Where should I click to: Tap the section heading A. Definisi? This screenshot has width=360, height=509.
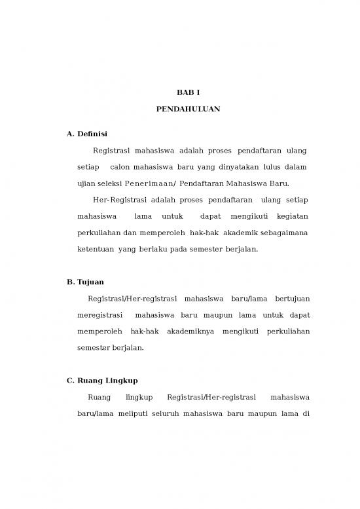[87, 134]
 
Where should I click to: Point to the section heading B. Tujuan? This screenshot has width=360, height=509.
[85, 282]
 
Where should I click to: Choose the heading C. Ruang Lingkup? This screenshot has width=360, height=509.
[102, 381]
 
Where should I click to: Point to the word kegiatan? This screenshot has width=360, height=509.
[293, 216]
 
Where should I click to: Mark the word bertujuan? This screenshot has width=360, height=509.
[293, 299]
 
